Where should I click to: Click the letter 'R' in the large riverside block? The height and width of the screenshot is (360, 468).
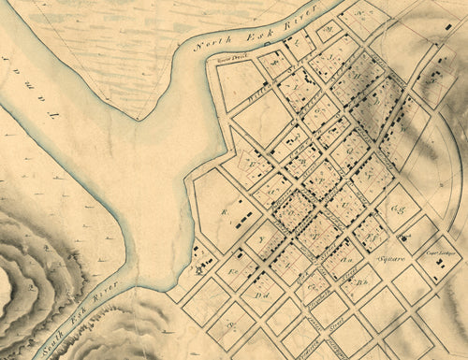click(x=225, y=211)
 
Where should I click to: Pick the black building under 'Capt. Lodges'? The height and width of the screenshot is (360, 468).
click(x=438, y=264)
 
